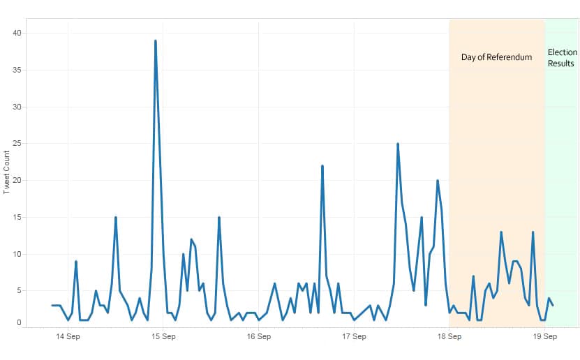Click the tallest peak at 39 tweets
(155, 40)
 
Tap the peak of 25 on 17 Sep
(398, 144)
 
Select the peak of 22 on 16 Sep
(322, 166)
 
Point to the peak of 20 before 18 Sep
(438, 181)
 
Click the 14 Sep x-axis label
(68, 336)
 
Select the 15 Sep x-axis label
(163, 336)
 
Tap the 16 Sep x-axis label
(259, 336)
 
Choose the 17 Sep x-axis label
(354, 336)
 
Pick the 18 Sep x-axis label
(449, 336)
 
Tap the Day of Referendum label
(496, 57)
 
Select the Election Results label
(562, 58)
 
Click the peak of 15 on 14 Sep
(116, 218)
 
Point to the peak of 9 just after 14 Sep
(76, 262)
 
